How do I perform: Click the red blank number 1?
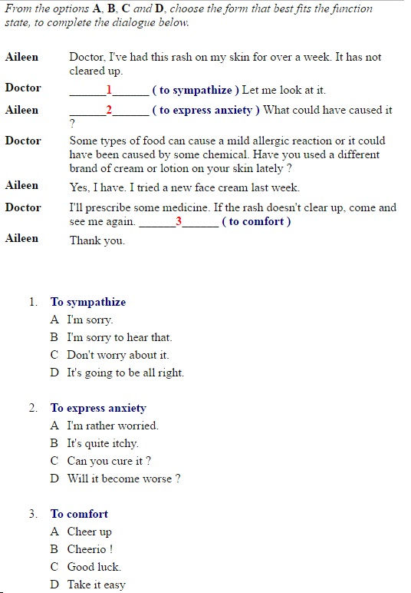[x=109, y=90]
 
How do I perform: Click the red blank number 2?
[x=109, y=110]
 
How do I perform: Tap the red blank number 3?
[x=179, y=221]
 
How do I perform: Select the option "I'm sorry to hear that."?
[x=119, y=337]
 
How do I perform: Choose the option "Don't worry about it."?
[x=117, y=355]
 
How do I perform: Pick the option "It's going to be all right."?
[x=125, y=373]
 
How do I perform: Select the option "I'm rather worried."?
[x=112, y=426]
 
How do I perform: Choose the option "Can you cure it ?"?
[x=108, y=461]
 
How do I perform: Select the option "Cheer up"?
[x=89, y=532]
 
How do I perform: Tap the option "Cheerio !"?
[x=90, y=549]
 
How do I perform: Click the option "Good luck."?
[x=94, y=567]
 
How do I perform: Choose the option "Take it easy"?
[x=96, y=585]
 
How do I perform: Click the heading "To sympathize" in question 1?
[x=88, y=302]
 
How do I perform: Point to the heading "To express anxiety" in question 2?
[x=98, y=408]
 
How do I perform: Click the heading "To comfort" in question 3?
[x=79, y=514]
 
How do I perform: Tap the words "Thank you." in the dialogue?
[x=97, y=240]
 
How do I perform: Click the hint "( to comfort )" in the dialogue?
[x=256, y=221]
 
